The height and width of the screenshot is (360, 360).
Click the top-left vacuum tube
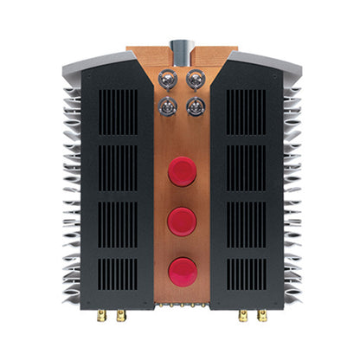click(167, 79)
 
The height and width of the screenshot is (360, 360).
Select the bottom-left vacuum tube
click(167, 107)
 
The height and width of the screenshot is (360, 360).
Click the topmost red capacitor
click(182, 171)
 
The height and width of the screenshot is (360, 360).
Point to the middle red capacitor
click(182, 221)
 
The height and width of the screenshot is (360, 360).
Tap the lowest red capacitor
click(182, 270)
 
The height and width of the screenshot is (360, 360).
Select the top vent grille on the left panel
click(119, 111)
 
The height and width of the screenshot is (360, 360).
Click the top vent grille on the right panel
click(244, 111)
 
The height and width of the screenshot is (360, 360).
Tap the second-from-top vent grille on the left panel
click(119, 167)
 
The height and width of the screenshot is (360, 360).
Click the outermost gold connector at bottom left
click(102, 317)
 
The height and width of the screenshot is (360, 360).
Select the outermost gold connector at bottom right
click(260, 317)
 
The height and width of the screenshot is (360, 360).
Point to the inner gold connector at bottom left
click(121, 317)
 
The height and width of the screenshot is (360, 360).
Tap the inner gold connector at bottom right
click(241, 317)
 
